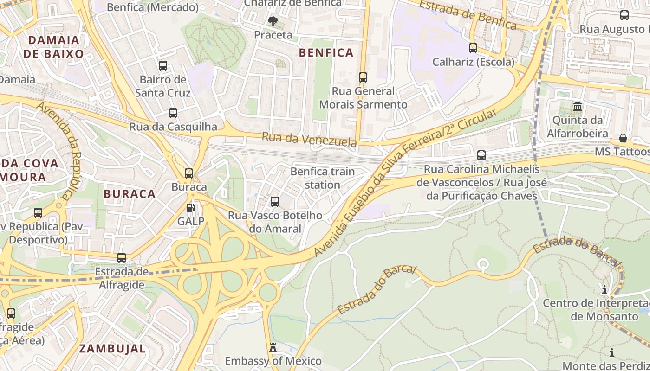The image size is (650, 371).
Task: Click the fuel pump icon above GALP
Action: [x=190, y=208]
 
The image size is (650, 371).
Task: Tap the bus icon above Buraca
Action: [x=189, y=173]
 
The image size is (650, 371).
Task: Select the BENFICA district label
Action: [x=326, y=52]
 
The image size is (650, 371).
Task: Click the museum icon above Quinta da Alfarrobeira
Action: [x=578, y=107]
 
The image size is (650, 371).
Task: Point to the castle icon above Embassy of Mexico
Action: [x=273, y=347]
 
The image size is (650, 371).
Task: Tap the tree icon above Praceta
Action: [x=273, y=20]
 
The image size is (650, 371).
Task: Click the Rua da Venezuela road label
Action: [x=309, y=139]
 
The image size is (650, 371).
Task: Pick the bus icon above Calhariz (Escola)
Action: [x=473, y=48]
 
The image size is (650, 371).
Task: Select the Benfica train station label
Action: [x=322, y=178]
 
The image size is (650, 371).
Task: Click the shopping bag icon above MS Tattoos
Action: [x=623, y=138]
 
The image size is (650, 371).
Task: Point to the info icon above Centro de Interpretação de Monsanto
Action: [x=604, y=290]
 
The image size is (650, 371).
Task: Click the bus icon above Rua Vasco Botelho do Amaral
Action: [x=275, y=202]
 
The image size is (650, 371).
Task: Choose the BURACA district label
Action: [x=130, y=194]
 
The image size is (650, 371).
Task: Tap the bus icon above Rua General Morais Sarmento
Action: [x=363, y=77]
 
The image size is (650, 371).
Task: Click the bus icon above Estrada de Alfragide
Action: [x=122, y=258]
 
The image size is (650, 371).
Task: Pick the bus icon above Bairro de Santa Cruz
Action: [x=163, y=66]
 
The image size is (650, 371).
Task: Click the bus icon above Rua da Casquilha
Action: [x=173, y=113]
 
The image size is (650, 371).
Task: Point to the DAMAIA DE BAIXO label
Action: [x=53, y=46]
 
